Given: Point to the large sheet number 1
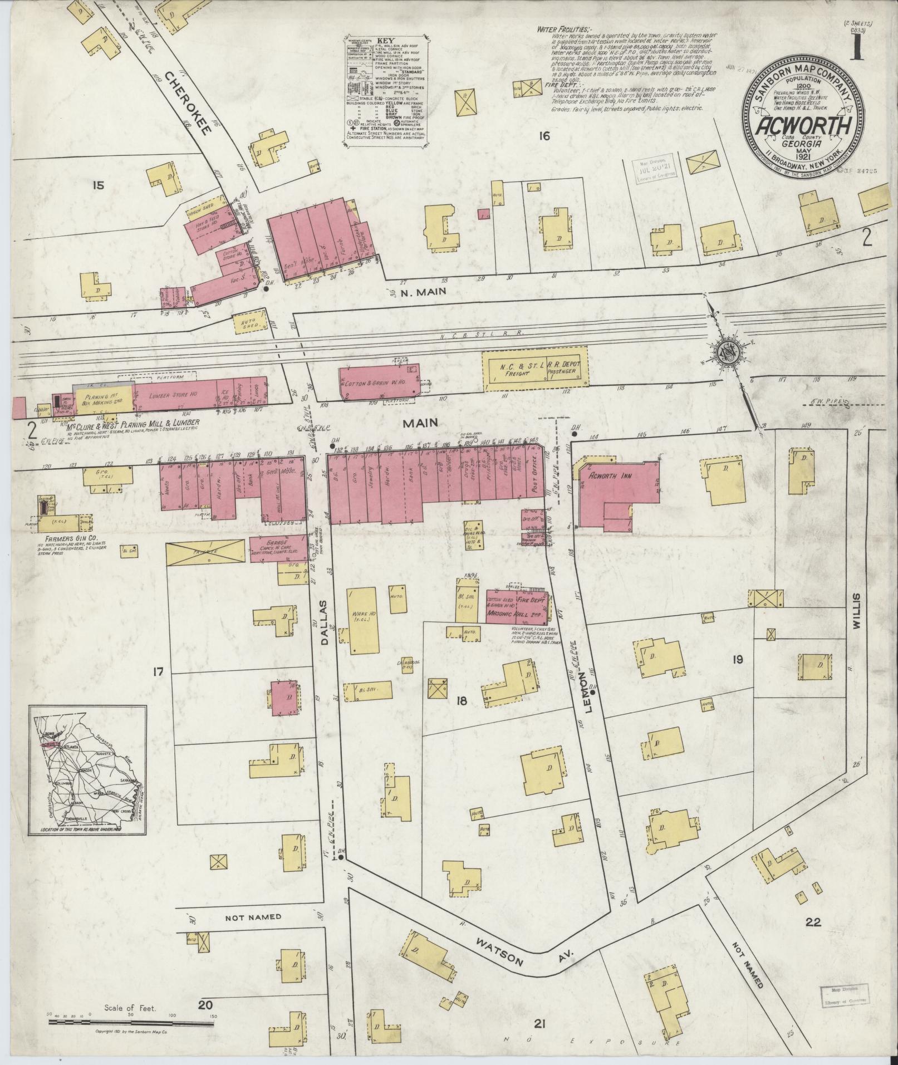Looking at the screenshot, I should click(856, 46).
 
